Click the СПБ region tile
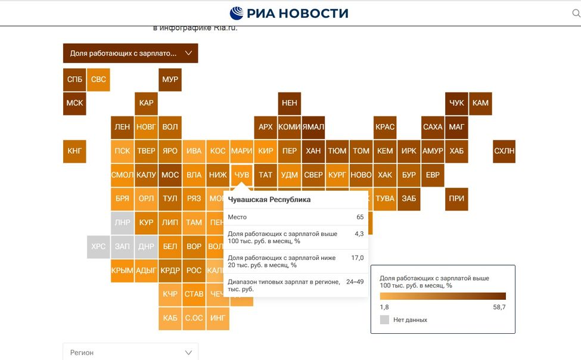click(74, 79)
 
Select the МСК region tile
click(74, 103)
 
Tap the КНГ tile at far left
click(74, 151)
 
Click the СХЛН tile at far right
click(504, 151)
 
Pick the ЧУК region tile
click(456, 103)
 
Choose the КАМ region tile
click(480, 103)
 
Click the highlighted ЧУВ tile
click(242, 175)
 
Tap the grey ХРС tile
click(98, 246)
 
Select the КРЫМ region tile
click(122, 270)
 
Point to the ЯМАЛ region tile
click(313, 127)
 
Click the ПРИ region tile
click(456, 198)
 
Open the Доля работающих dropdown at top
click(131, 53)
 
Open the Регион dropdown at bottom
click(131, 352)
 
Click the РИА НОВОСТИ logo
click(290, 13)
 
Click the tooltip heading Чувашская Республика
click(269, 200)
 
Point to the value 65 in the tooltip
click(360, 217)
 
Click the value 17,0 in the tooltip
click(358, 258)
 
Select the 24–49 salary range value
click(355, 282)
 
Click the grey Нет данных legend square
click(384, 319)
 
